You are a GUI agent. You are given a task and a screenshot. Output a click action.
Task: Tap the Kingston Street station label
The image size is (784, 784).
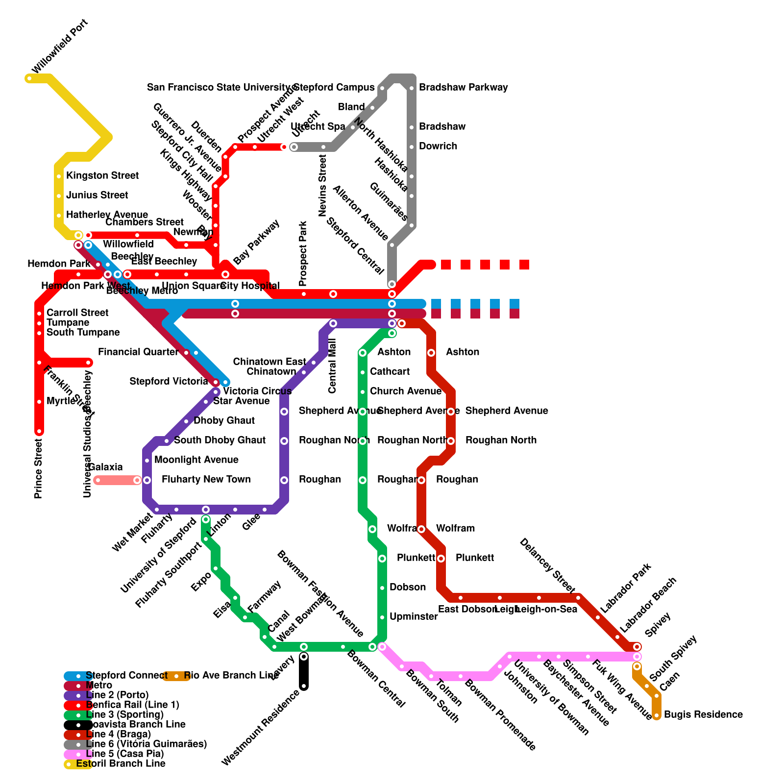pos(102,175)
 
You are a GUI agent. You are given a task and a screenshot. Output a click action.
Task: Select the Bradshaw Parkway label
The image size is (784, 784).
pos(463,87)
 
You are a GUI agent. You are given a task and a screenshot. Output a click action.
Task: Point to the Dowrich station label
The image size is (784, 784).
pos(438,146)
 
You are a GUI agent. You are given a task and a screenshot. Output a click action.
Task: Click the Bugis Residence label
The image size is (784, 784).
pos(703,714)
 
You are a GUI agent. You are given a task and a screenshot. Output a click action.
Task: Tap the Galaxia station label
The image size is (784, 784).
pos(105,467)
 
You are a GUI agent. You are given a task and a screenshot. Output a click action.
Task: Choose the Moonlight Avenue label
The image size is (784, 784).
pos(196,460)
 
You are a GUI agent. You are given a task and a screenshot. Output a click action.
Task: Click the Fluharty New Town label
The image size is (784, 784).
pos(206,479)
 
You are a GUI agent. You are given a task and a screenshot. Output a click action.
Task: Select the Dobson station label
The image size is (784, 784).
pos(407,587)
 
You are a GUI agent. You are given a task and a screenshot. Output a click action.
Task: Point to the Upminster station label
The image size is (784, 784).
pos(413,616)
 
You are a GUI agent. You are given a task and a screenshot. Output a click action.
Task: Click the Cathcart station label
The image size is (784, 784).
pos(390,371)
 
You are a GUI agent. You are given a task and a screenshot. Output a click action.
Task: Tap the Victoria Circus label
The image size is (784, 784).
pos(257,391)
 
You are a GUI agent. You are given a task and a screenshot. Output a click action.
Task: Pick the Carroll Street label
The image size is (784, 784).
pos(77,313)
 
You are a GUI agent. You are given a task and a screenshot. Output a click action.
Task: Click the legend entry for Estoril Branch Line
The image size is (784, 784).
pos(121,763)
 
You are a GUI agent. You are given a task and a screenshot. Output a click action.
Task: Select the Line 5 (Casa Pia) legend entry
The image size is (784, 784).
pos(124,754)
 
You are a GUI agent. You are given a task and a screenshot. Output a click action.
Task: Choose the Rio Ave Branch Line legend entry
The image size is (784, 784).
pos(231,675)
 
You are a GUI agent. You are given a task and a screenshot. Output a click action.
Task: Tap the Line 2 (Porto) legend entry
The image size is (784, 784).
pos(117,695)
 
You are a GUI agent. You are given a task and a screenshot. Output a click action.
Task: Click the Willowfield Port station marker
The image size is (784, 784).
pos(29,78)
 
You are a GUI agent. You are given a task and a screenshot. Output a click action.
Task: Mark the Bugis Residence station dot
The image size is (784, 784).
pos(657,715)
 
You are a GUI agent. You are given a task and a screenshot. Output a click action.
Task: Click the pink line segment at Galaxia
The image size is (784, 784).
pos(118,480)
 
